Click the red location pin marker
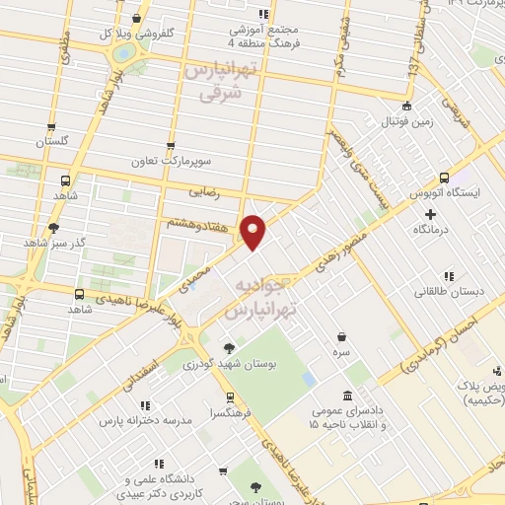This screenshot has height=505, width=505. (254, 232)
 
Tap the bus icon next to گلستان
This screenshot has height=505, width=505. (51, 127)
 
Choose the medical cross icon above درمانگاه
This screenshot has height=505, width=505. (429, 213)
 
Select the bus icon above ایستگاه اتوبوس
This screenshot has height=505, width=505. (444, 179)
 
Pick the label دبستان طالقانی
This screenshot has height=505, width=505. (448, 292)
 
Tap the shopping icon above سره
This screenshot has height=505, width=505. (341, 335)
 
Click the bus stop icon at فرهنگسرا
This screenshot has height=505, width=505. (230, 397)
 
